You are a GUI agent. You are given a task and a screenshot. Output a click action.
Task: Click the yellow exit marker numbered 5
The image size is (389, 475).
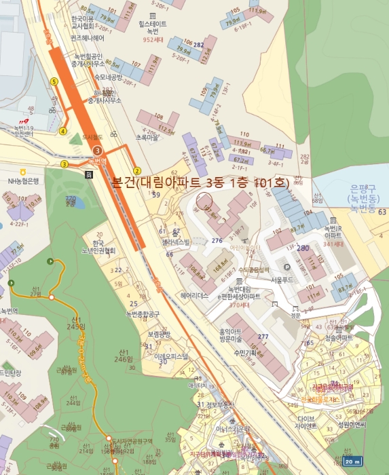[x=54, y=81]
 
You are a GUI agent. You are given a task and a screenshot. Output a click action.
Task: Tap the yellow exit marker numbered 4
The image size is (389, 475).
[x=63, y=131]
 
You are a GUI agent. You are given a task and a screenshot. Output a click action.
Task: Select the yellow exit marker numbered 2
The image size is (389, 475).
[x=136, y=170]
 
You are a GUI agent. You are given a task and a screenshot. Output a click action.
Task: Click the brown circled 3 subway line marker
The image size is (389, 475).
[x=98, y=149]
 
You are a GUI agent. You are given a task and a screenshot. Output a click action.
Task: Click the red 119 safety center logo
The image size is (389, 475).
[x=26, y=115]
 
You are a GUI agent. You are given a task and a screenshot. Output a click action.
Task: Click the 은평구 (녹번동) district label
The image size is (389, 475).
[x=365, y=194]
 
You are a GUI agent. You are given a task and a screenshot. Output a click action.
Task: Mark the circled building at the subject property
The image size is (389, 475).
[x=204, y=200]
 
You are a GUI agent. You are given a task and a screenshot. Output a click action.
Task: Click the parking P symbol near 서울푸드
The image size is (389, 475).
[x=286, y=267]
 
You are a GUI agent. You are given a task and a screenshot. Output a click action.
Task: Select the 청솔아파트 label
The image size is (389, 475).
[x=339, y=337]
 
